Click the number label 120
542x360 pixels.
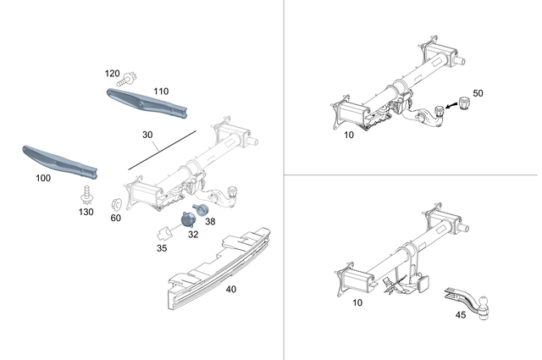tap(113, 74)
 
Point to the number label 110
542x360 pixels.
tap(161, 90)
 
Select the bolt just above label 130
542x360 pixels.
tap(86, 196)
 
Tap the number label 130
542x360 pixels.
tap(86, 212)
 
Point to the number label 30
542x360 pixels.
tap(148, 134)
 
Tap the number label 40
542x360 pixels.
tap(230, 289)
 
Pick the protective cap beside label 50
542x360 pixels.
tap(463, 104)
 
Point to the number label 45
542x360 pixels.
tap(461, 315)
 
